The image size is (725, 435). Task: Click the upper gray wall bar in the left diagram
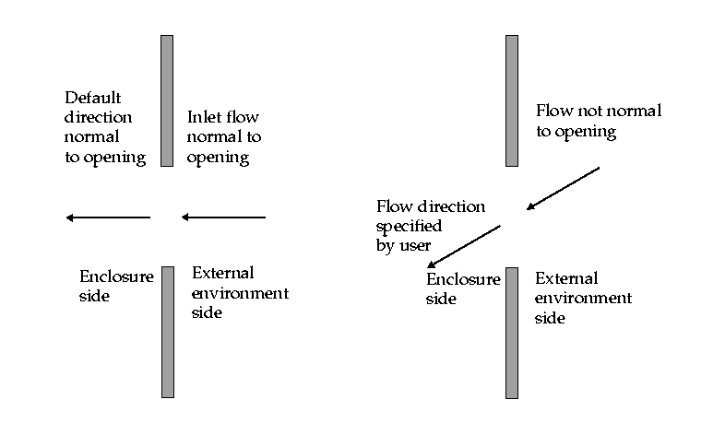[167, 100]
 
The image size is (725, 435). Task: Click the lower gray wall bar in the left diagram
[167, 332]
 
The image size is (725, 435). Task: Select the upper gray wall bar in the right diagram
[512, 100]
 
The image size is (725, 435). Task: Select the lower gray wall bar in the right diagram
[512, 333]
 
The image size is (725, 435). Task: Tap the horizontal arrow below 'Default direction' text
[108, 217]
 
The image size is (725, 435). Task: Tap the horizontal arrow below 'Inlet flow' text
[223, 217]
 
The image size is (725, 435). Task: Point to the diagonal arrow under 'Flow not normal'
[563, 188]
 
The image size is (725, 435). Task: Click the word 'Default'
[92, 98]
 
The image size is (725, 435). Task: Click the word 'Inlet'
[206, 118]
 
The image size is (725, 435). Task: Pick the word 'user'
[417, 246]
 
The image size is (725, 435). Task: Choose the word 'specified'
[407, 226]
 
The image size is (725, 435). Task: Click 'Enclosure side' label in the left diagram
[115, 286]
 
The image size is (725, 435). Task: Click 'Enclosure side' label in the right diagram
[462, 288]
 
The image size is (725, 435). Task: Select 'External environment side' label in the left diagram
[240, 293]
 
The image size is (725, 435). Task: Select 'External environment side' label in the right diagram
[583, 298]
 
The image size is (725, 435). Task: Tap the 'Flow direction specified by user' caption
[430, 226]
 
